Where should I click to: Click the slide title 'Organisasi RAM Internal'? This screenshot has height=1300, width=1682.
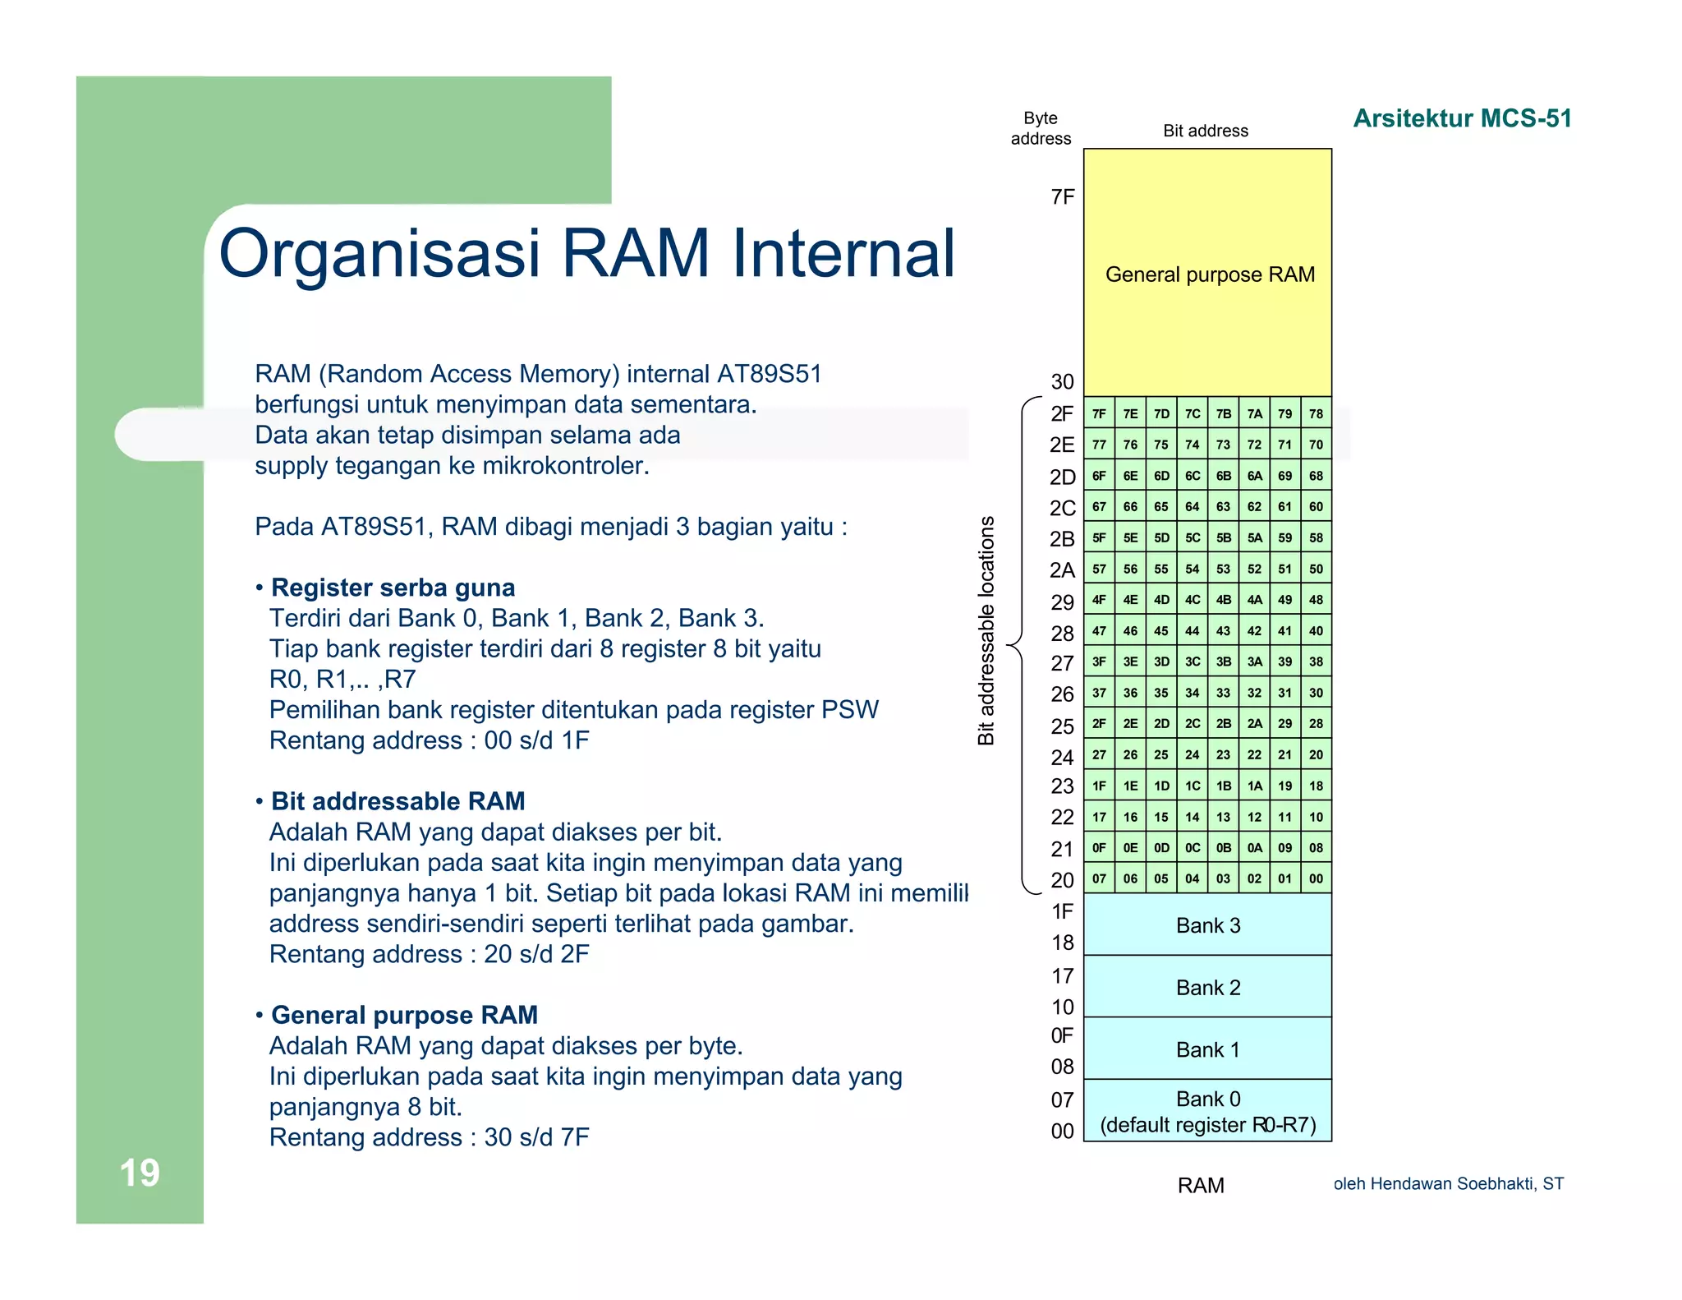tap(586, 252)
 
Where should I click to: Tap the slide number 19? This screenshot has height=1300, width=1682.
tap(140, 1173)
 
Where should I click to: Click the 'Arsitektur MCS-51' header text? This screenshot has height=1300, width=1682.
tap(1462, 118)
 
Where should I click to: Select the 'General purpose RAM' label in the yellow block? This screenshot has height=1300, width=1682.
tap(1209, 274)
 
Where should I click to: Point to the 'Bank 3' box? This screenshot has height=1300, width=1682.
tap(1207, 925)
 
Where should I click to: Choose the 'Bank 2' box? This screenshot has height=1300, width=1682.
tap(1207, 987)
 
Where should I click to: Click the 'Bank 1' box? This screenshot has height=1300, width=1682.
tap(1207, 1049)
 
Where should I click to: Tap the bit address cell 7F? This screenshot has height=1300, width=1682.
tap(1099, 413)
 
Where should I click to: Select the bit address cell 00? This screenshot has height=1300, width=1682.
tap(1316, 878)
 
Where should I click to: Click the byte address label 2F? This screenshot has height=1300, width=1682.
tap(1062, 413)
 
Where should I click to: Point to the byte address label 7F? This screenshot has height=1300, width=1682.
tap(1062, 197)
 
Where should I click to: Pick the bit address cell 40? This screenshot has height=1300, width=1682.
tap(1316, 631)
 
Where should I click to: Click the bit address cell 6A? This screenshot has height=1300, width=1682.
tap(1254, 476)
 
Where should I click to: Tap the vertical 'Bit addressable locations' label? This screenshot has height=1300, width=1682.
tap(986, 630)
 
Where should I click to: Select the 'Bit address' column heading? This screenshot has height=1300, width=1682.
tap(1205, 131)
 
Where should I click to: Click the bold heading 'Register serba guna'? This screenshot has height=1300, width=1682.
tap(393, 588)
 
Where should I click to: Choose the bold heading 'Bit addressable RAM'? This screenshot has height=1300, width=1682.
tap(398, 801)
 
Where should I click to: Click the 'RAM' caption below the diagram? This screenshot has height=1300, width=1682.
tap(1200, 1185)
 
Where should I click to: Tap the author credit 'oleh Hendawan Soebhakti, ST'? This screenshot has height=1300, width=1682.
tap(1448, 1183)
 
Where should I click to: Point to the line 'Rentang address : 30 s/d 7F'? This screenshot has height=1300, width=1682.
tap(429, 1137)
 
